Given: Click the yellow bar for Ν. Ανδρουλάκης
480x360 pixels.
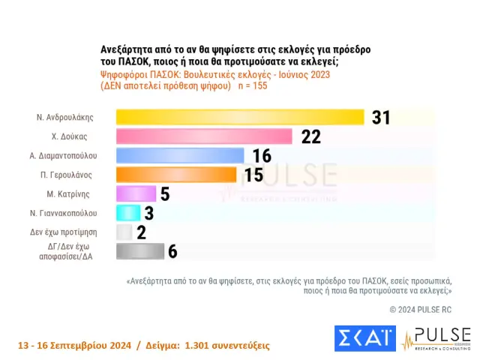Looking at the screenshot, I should pyautogui.click(x=240, y=117).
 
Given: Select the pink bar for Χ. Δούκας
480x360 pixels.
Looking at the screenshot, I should pyautogui.click(x=204, y=136).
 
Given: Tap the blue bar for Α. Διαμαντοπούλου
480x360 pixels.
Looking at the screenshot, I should pyautogui.click(x=180, y=155).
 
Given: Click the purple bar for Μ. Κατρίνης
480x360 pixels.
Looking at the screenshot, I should pyautogui.click(x=136, y=193).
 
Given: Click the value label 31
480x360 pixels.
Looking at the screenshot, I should pyautogui.click(x=382, y=118).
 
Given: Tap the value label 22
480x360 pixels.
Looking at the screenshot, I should pyautogui.click(x=310, y=136).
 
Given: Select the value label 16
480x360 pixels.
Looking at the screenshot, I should pyautogui.click(x=262, y=155).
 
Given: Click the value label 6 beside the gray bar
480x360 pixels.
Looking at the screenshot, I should pyautogui.click(x=172, y=251).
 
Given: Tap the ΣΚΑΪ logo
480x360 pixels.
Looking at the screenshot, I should pyautogui.click(x=364, y=339).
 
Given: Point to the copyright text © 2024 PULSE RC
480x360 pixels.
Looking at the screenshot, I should pyautogui.click(x=421, y=309).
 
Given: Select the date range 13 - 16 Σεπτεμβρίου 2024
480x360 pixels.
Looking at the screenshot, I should pyautogui.click(x=72, y=346).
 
